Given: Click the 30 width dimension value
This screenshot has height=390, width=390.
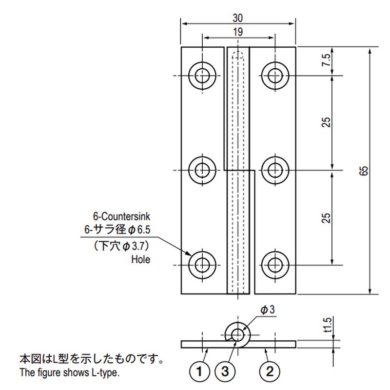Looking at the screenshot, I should tap(238, 18).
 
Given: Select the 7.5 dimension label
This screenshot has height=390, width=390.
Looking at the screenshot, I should tap(327, 61).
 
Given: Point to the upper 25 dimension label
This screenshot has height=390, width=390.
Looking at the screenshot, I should tap(327, 122).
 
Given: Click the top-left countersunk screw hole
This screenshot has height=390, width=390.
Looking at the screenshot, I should tap(201, 76).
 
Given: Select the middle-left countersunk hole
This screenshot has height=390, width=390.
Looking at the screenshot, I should tap(201, 170).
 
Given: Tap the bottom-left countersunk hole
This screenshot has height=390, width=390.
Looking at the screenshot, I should tap(201, 265).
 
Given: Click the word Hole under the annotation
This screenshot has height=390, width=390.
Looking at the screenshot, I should tap(140, 260).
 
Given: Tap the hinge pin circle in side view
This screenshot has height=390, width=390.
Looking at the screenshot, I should tap(238, 334).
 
